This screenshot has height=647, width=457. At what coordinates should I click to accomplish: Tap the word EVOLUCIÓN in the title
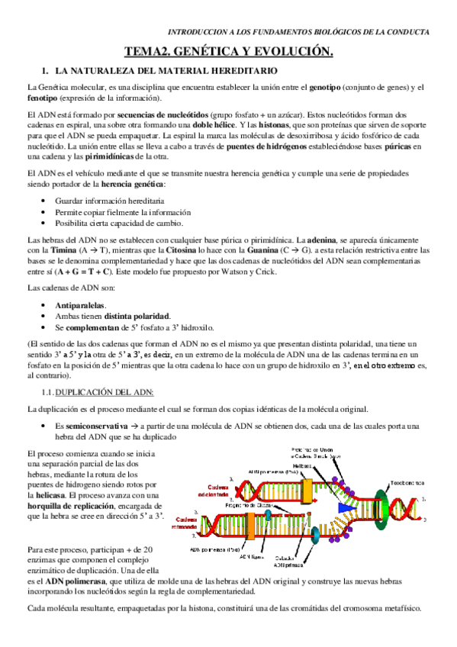pyautogui.click(x=292, y=52)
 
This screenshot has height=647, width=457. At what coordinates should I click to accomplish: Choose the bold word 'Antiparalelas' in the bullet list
pyautogui.click(x=79, y=304)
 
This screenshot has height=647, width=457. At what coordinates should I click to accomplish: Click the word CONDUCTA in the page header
pyautogui.click(x=408, y=33)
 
